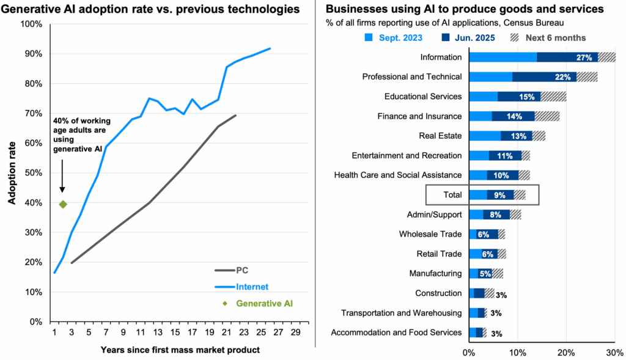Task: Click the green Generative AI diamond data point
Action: coord(62,204)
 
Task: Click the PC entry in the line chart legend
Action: coord(242,270)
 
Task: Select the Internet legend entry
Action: coord(252,286)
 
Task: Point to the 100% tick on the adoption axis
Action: coord(31,24)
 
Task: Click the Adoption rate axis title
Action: coord(11,172)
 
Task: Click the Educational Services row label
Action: coord(423,97)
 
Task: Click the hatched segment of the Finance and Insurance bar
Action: coord(547,116)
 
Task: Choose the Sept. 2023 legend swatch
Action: coord(369,38)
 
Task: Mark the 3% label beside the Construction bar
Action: coord(501,295)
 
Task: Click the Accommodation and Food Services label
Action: coord(396,332)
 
